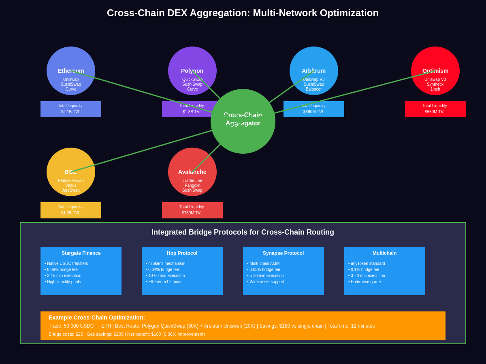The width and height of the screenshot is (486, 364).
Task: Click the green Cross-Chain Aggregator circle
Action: coord(243,133)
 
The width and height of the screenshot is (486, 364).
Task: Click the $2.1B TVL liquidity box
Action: coord(71,109)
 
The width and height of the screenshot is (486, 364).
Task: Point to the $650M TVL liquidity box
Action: coord(435,109)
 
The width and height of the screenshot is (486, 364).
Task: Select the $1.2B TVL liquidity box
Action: coord(71,210)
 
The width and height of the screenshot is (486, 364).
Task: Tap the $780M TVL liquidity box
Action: coord(192,210)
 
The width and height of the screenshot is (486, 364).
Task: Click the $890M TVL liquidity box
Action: coord(314,109)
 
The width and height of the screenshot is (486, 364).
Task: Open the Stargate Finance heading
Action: coord(81,253)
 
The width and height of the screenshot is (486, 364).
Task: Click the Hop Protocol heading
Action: coord(182,253)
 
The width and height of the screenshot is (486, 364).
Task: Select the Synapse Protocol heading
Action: coord(283,253)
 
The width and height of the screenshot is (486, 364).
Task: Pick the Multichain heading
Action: coord(385,253)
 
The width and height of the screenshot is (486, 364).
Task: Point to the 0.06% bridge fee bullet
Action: coord(62,270)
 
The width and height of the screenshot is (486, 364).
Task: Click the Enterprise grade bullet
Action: coord(366,282)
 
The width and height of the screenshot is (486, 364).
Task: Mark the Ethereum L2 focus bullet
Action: coord(165,282)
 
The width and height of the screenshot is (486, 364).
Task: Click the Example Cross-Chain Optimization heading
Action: coord(97,317)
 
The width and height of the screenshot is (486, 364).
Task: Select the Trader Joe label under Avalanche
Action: coord(192,181)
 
